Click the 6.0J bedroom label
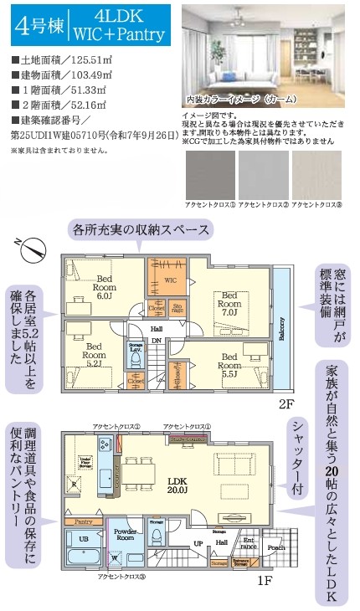pyautogui.click(x=104, y=288)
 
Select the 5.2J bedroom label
pyautogui.click(x=93, y=355)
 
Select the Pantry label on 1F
pyautogui.click(x=82, y=521)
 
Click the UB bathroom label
pyautogui.click(x=82, y=540)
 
